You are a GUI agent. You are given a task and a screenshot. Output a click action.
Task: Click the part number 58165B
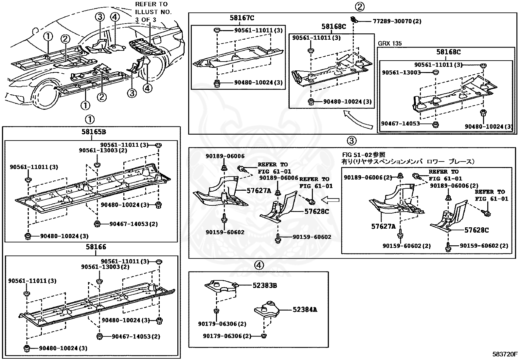(x=94, y=132)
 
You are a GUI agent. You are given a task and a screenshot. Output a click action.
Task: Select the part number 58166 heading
(x=96, y=247)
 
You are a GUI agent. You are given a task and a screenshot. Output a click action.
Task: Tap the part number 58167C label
(x=242, y=18)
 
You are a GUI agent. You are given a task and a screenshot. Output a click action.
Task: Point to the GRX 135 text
(x=389, y=43)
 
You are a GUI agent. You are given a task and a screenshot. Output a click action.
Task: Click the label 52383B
(x=264, y=286)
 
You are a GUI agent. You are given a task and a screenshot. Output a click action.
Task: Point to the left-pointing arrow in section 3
(x=330, y=199)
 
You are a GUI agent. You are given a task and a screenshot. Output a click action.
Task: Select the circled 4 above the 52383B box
(x=259, y=265)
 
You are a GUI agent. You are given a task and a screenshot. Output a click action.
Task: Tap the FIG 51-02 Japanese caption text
(x=408, y=158)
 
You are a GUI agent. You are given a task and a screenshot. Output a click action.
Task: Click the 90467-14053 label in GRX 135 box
(x=400, y=124)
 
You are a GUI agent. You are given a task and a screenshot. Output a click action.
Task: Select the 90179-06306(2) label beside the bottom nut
(x=227, y=336)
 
